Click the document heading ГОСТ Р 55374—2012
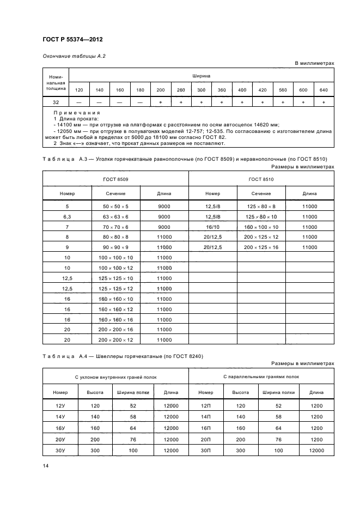(x=72, y=40)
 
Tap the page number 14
(x=46, y=465)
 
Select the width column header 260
(x=181, y=89)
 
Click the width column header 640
(x=324, y=89)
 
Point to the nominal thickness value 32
(x=56, y=102)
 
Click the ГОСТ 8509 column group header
(x=115, y=179)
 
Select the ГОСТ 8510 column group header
(x=261, y=179)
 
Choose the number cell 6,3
(x=67, y=216)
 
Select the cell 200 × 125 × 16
(x=261, y=247)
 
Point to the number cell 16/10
(x=212, y=227)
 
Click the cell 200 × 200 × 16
(x=115, y=329)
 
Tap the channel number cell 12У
(x=60, y=406)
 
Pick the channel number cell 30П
(x=205, y=451)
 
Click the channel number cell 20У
(x=60, y=439)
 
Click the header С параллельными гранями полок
(x=261, y=377)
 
